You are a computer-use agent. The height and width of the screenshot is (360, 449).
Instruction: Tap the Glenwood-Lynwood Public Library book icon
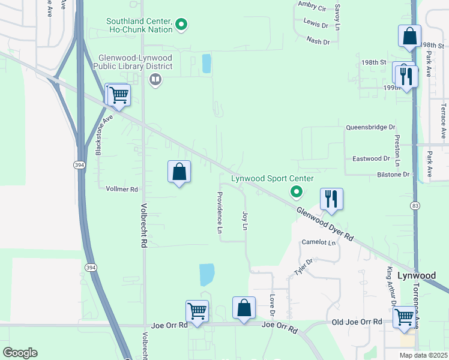155,79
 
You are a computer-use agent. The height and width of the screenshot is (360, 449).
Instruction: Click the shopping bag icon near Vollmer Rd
179,172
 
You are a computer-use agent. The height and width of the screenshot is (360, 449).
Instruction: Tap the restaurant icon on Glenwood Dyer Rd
331,199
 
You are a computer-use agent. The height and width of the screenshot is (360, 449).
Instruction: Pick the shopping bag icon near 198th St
409,36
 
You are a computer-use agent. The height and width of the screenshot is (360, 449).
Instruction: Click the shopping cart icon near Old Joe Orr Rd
405,316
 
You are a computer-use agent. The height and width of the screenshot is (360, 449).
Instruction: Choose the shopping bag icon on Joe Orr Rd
244,308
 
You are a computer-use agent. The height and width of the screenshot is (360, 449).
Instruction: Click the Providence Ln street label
220,213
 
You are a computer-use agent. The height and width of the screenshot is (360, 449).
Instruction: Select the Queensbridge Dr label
370,127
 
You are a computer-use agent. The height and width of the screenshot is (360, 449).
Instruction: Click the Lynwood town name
417,275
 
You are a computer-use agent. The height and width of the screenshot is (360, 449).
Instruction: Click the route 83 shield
415,205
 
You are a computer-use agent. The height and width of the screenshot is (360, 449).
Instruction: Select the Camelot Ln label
318,242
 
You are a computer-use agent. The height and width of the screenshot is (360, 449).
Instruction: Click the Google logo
20,353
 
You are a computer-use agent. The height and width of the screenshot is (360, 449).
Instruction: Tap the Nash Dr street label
318,41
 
